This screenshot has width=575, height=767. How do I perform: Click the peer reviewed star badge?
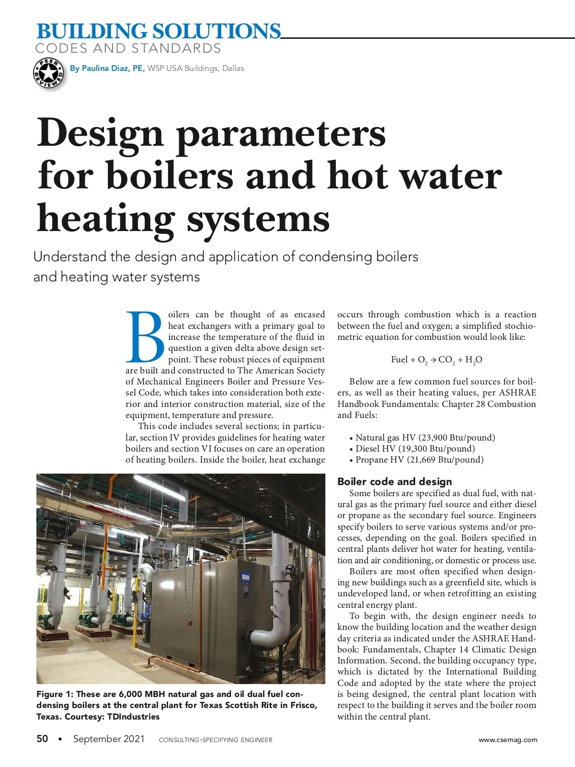[48, 73]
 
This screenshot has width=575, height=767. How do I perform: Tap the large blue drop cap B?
[145, 337]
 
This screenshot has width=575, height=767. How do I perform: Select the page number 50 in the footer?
[42, 739]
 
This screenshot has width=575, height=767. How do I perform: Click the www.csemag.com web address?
[508, 740]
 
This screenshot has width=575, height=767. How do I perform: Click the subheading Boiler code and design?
[394, 481]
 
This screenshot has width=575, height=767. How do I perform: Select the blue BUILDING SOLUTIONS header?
[159, 31]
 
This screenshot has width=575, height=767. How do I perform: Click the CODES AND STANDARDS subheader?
[128, 48]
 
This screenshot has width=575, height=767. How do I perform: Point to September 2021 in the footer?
[109, 739]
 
